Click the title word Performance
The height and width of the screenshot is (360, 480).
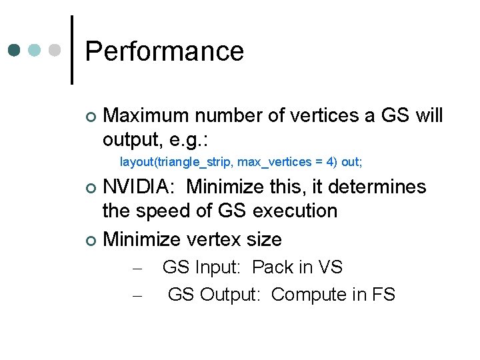click(164, 51)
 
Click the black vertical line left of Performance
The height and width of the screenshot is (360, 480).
click(71, 50)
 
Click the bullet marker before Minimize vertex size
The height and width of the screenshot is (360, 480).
click(91, 239)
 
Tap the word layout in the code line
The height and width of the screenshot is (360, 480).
click(135, 162)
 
